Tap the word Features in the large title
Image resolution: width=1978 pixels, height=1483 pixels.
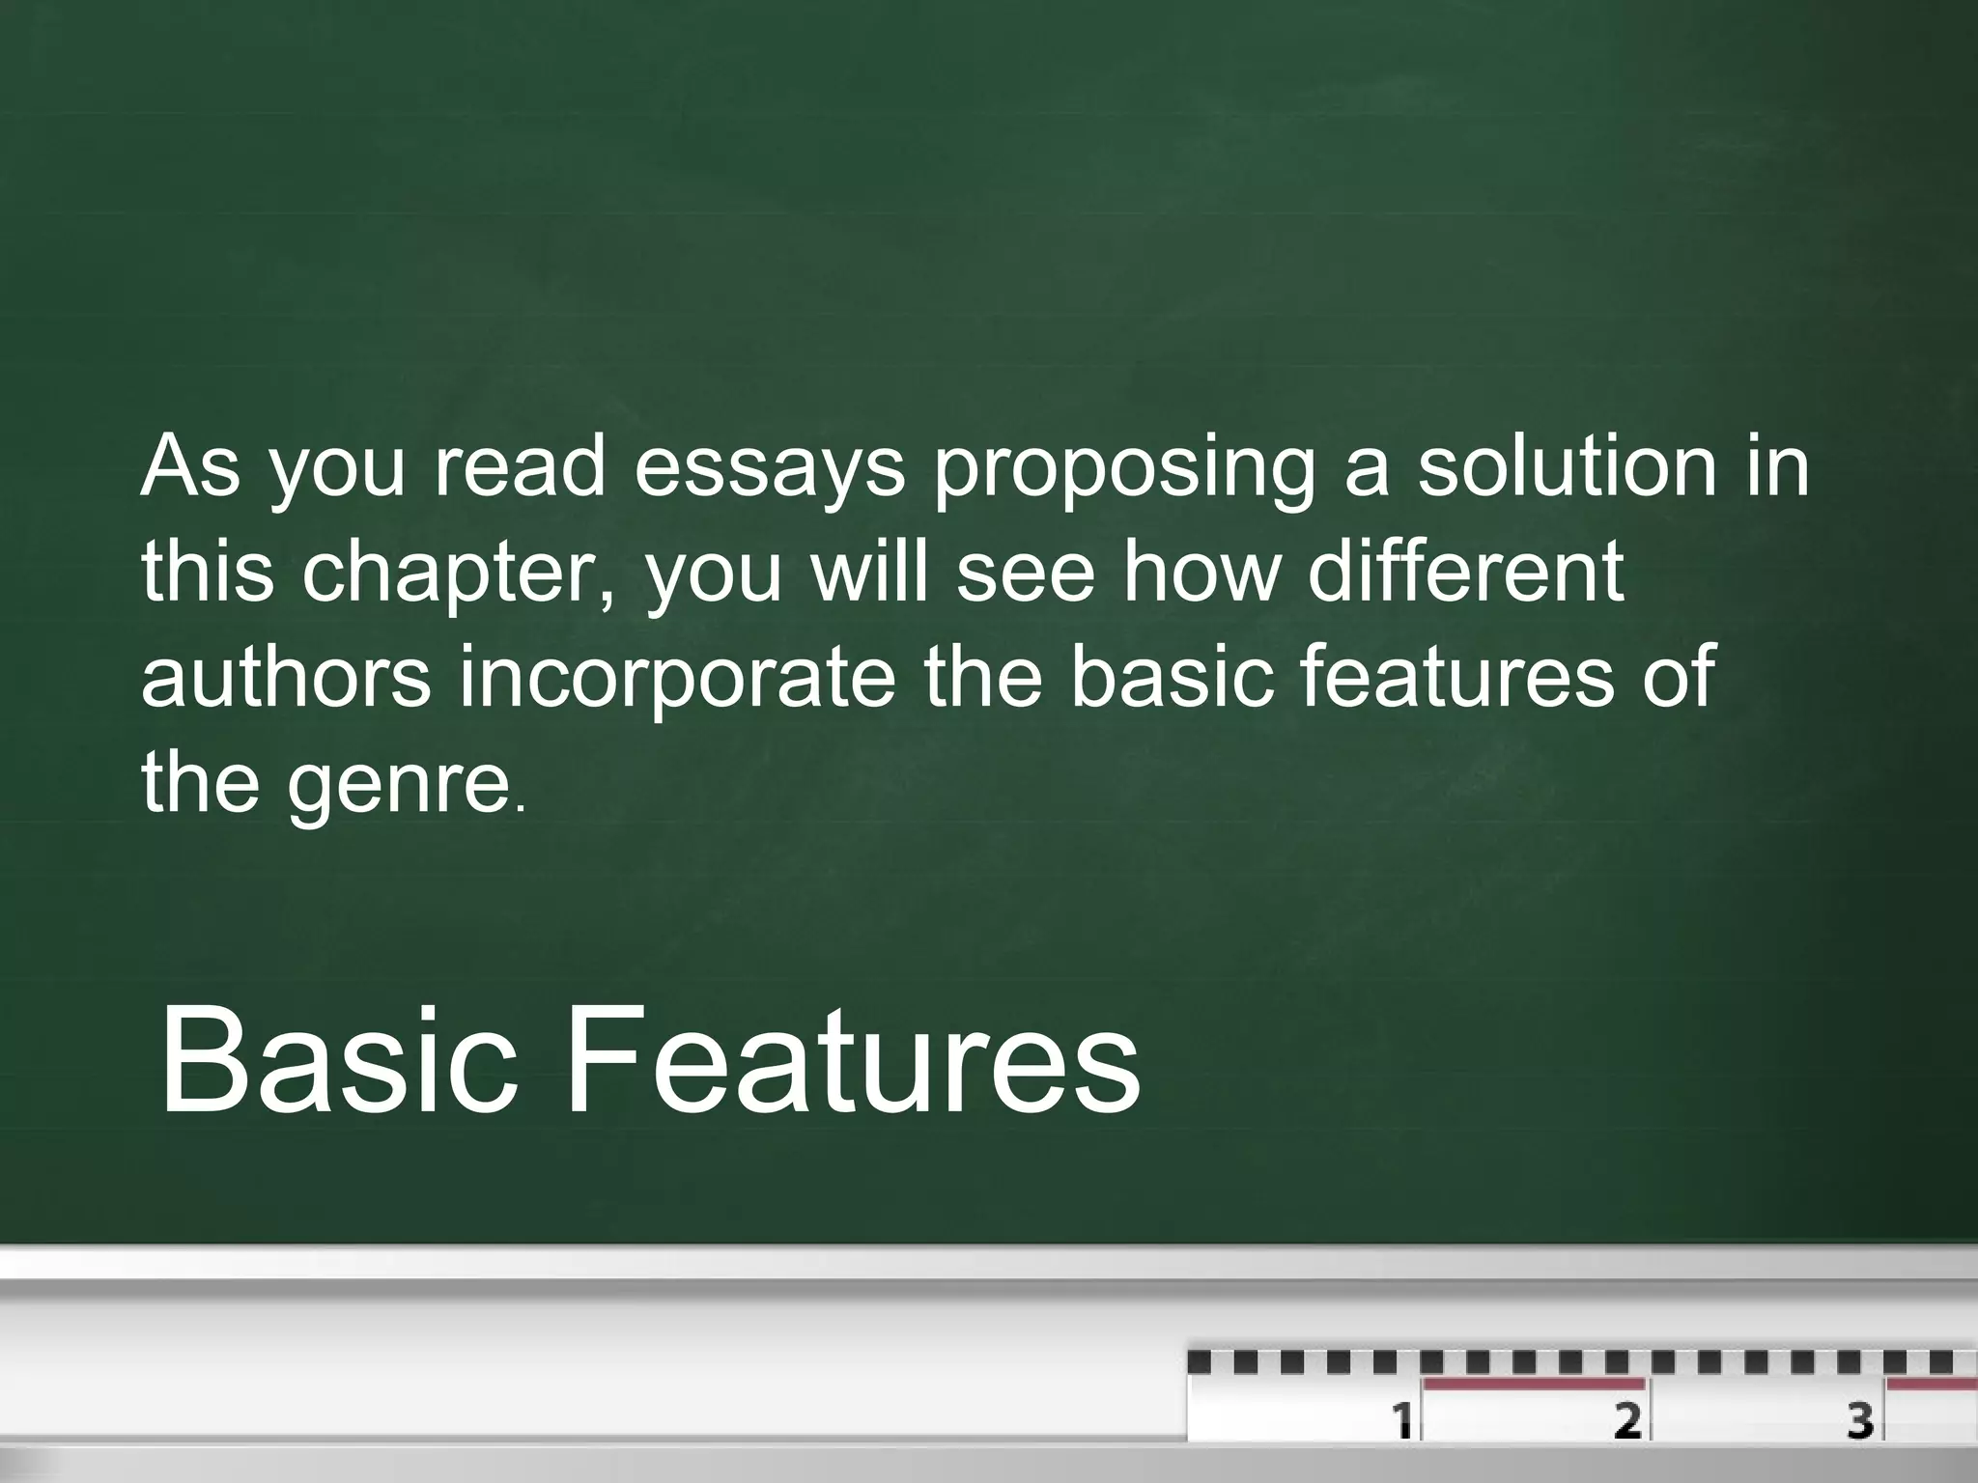[852, 1060]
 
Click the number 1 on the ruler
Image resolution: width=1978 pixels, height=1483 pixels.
[1401, 1420]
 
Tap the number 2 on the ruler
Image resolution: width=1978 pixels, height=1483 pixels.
[1627, 1420]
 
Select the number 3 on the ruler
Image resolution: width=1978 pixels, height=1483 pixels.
[1860, 1420]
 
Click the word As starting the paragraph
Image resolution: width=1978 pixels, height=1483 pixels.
[189, 467]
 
